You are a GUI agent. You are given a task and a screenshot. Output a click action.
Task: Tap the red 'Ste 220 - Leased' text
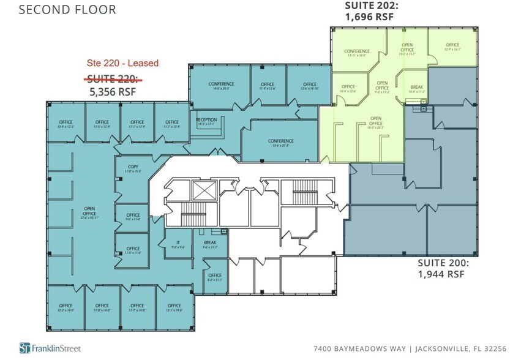coord(121,63)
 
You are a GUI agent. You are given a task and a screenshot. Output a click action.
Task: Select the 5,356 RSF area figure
coord(112,92)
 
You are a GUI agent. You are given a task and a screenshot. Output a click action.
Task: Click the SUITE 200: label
coord(443,263)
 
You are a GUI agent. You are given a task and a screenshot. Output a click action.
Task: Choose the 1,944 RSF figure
coord(441,275)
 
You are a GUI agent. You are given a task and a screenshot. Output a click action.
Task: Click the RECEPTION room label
coord(208,121)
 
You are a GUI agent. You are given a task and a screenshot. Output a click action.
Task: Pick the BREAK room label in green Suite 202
coord(416,89)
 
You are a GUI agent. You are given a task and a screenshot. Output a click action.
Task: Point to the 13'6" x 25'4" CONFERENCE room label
coord(280,143)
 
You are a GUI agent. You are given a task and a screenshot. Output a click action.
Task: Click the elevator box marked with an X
coord(201,191)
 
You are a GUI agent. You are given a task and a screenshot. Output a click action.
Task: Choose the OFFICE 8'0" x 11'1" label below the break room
coord(214,277)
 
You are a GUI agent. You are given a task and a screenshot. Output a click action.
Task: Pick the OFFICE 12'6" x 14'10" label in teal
coord(310,86)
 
